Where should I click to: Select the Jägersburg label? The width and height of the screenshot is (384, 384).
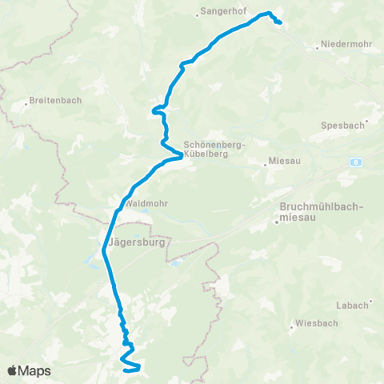pyautogui.click(x=131, y=238)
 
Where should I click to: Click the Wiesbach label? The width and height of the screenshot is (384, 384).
pyautogui.click(x=314, y=326)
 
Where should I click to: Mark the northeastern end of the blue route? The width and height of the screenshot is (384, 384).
pyautogui.click(x=279, y=23)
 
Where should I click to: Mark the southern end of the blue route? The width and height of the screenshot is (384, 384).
pyautogui.click(x=125, y=370)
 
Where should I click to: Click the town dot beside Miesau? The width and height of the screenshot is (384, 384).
pyautogui.click(x=266, y=166)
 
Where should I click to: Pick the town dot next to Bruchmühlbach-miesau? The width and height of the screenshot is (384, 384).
pyautogui.click(x=277, y=222)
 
